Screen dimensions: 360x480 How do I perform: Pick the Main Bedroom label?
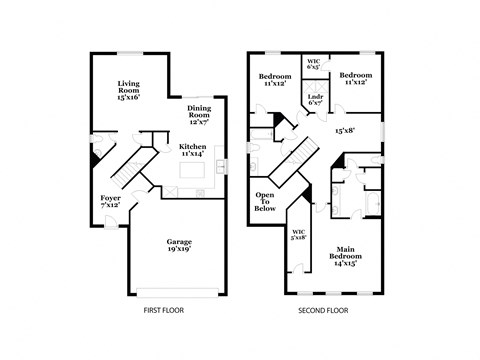pos(346,252)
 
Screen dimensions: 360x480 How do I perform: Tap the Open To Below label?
pos(266,200)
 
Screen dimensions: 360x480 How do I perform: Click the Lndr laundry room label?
pos(314,98)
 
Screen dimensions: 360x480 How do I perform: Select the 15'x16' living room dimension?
pos(129,98)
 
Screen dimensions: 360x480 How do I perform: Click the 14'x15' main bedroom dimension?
pos(346,263)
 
